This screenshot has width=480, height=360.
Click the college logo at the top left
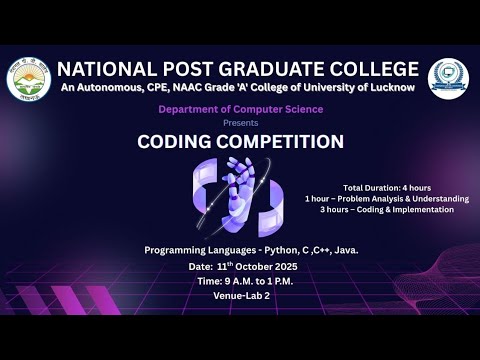(x=29, y=80)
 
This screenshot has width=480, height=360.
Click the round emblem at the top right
(x=448, y=79)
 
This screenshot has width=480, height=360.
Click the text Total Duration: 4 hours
(x=387, y=188)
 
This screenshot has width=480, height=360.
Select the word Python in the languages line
(x=273, y=249)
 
